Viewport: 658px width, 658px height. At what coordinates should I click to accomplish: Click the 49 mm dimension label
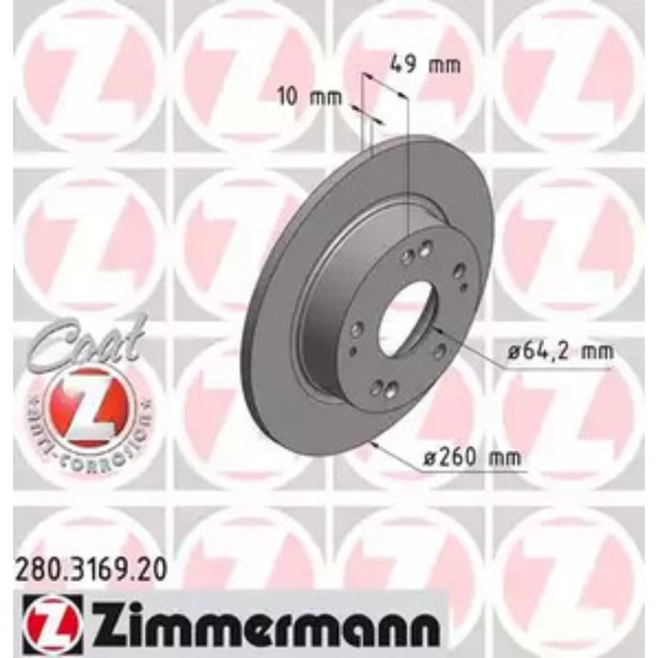[425, 66]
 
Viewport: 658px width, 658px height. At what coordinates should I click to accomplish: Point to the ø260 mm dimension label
[472, 459]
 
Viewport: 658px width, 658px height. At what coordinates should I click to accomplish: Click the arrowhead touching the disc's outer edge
[374, 443]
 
